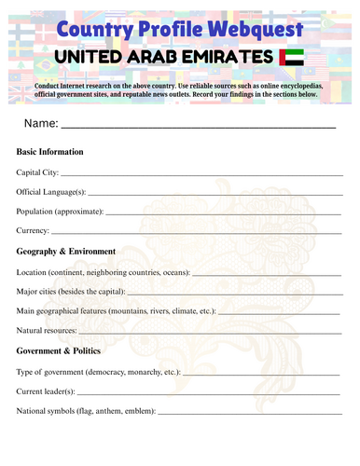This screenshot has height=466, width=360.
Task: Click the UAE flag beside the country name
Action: point(292,59)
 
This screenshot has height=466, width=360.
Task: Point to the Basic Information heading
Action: point(50,152)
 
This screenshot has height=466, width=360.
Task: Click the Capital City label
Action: point(38,172)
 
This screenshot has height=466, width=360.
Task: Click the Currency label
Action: point(34,230)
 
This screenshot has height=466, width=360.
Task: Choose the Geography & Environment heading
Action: point(65,252)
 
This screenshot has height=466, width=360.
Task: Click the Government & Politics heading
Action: point(59,351)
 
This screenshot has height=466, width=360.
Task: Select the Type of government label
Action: point(56,372)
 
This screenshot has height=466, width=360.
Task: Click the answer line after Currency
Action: point(196,233)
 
